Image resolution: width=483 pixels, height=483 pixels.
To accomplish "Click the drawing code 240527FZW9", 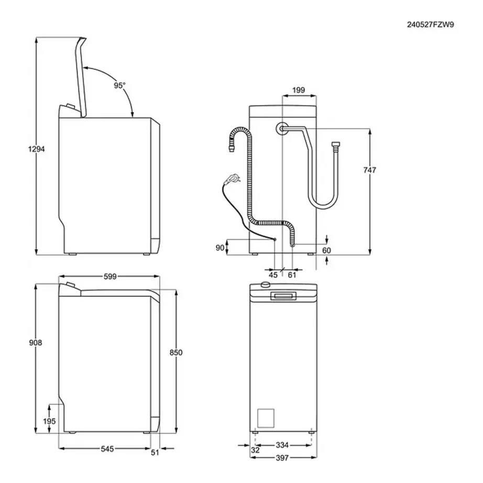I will pos(431,24).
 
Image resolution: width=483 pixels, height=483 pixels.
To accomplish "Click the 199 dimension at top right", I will pos(299,90).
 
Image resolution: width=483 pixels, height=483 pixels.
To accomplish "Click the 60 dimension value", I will pos(326,250).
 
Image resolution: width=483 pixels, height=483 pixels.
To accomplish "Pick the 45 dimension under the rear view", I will pos(273,275).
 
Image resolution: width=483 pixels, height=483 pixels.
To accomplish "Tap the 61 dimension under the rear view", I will pos(292,275).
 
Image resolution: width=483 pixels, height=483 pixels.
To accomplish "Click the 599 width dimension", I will pos(109,276).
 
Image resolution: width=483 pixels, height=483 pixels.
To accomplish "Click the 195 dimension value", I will pos(50,422).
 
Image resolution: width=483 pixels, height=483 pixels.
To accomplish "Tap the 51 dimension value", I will pos(154,453).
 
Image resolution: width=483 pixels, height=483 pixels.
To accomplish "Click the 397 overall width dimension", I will pos(282,458).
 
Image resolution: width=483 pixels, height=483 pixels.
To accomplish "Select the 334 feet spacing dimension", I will pos(282,445).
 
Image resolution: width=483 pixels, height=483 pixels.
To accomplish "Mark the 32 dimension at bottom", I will pos(255,450).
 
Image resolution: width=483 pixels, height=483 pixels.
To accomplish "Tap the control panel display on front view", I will pos(282,297).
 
